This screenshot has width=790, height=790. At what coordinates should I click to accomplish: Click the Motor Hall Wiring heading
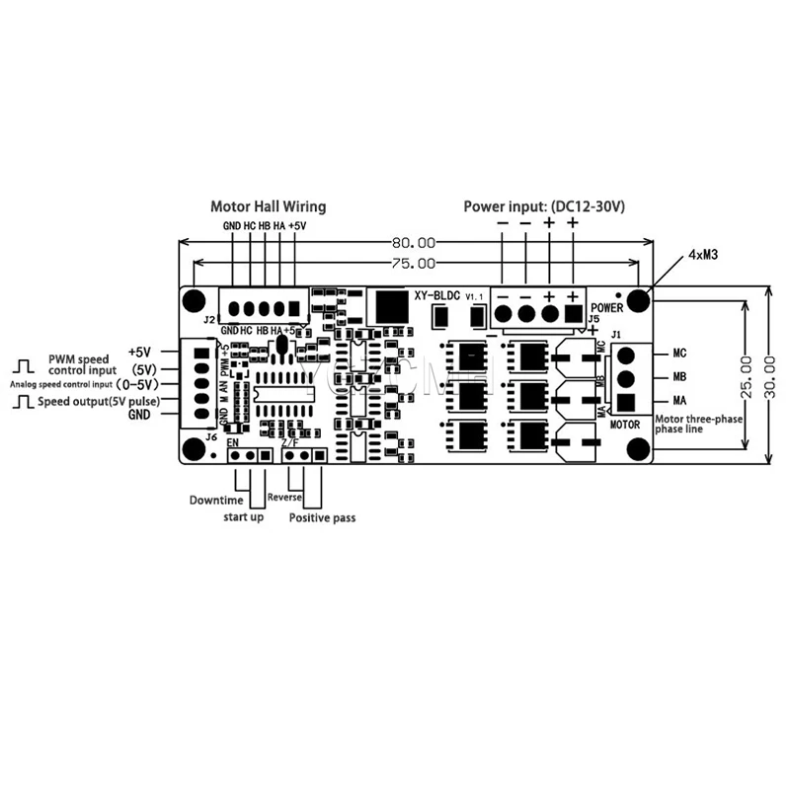268,207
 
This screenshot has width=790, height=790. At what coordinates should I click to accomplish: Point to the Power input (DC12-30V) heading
545,207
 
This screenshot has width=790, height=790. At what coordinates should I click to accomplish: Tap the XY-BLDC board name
434,295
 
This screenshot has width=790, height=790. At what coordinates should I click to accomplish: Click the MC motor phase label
679,353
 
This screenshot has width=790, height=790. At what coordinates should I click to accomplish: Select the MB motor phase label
679,376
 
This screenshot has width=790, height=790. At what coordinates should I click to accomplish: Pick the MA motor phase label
679,401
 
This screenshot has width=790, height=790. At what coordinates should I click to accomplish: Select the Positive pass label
322,517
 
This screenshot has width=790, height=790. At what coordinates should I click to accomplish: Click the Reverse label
284,498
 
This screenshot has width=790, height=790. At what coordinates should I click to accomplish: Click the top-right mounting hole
640,298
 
